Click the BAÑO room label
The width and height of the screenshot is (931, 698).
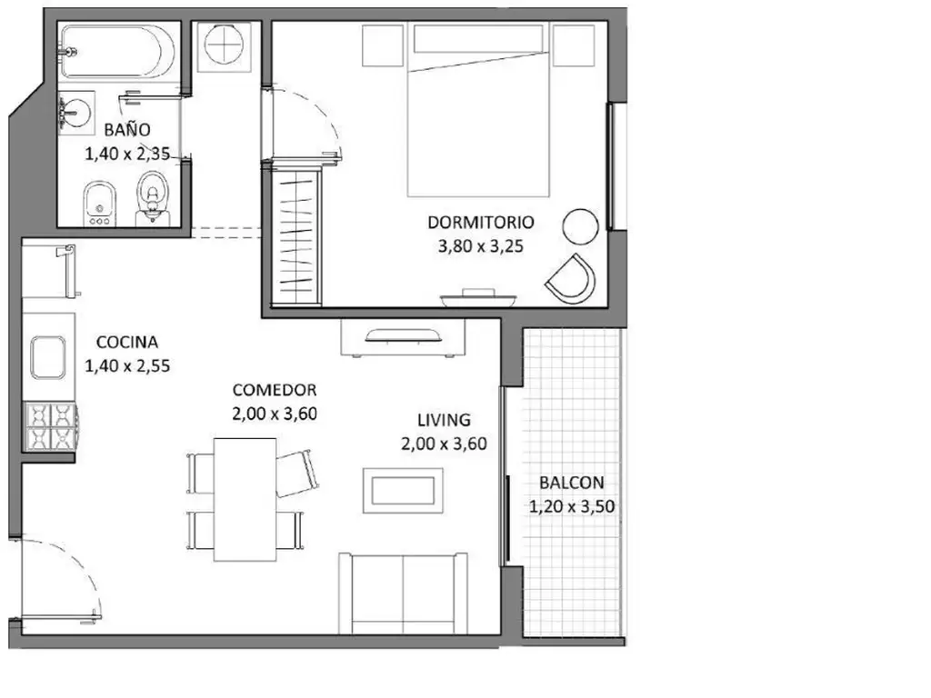pos(127,129)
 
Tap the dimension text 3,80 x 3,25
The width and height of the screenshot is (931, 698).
pos(481,246)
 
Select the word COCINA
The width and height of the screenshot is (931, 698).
pos(127,342)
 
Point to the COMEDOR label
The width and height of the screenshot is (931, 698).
pos(275,390)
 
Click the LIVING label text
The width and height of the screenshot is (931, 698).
pos(444,420)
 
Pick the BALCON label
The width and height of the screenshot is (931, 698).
pos(572,483)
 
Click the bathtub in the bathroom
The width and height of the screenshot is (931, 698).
pos(119,51)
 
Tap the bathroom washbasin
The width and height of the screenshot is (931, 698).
pos(77,109)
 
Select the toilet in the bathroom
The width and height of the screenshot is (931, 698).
pos(153,197)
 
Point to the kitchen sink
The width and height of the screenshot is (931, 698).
pos(48,356)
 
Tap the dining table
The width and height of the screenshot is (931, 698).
pos(245,499)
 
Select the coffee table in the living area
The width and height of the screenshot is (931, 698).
pos(403,490)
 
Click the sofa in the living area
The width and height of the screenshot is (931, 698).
pos(403,593)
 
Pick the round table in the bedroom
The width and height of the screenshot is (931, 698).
pos(580,226)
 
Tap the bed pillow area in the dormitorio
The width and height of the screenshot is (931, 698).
pos(478,39)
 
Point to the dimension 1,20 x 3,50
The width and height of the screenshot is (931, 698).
pos(572,507)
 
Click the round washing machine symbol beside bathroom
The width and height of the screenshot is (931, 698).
pos(224,44)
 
